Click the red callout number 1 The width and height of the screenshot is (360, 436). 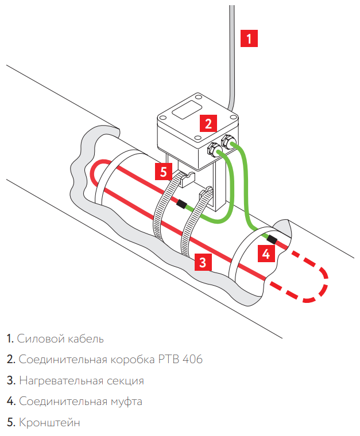tap(249, 38)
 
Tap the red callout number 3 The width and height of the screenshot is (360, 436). tap(202, 263)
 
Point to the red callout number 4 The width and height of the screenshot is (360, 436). tap(265, 252)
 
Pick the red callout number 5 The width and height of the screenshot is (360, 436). tap(164, 170)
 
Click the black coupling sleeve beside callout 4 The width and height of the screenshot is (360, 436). tap(271, 238)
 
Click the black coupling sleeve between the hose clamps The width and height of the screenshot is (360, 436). tap(181, 204)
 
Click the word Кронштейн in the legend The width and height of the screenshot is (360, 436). tap(49, 423)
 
